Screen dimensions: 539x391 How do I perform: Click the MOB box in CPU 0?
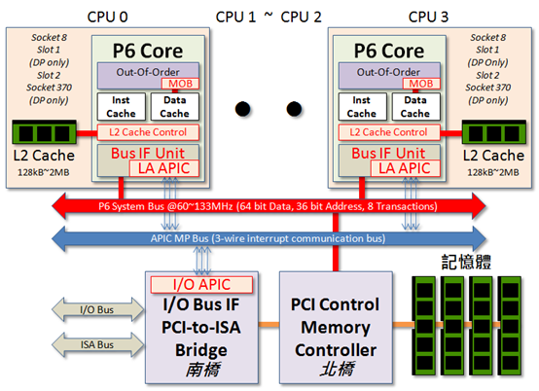180,84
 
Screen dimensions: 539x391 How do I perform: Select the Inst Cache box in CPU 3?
362,107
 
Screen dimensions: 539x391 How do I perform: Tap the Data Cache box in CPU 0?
174,107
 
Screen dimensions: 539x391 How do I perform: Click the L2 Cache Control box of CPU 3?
389,132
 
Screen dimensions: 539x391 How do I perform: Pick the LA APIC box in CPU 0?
164,168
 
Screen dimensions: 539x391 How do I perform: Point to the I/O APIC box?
201,284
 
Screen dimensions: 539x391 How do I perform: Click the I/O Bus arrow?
97,309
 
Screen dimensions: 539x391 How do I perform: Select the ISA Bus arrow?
97,344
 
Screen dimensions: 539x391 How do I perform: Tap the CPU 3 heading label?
428,17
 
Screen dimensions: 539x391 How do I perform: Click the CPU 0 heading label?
107,17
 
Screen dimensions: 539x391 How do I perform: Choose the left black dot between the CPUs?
242,109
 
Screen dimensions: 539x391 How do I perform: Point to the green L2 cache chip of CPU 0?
44,132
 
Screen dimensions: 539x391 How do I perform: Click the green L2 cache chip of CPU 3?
494,132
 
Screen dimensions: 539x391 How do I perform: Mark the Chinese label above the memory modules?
466,263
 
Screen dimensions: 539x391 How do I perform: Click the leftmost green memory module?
424,326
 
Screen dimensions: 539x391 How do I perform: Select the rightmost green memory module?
511,326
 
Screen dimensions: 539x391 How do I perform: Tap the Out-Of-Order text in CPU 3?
388,72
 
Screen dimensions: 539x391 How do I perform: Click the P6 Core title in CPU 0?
148,51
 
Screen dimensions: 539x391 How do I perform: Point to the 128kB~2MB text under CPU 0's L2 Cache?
44,172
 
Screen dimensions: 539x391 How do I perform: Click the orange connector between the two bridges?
269,324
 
